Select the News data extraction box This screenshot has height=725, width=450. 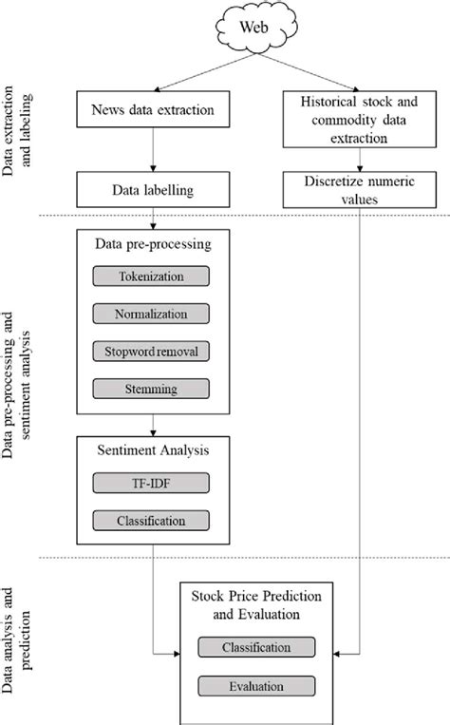[153, 110]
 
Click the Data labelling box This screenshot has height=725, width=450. [154, 191]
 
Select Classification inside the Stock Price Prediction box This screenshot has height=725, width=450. [257, 647]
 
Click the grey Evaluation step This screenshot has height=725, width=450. [257, 684]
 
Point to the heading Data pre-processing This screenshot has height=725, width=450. [153, 244]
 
